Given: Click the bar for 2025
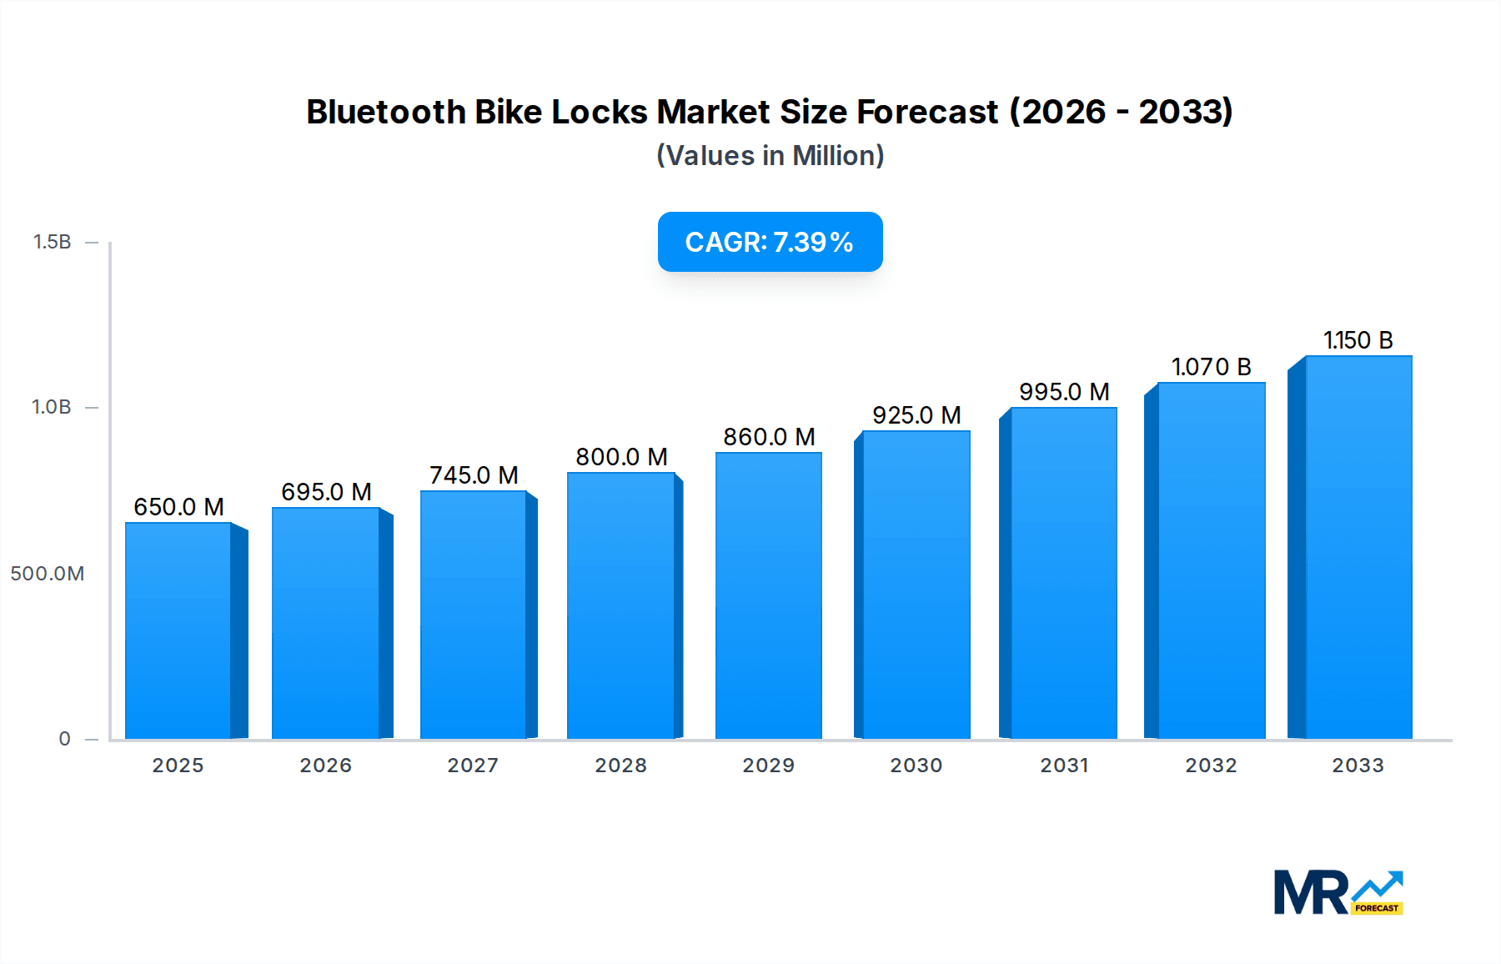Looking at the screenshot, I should (x=178, y=630).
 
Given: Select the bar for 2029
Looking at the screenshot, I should (x=768, y=595).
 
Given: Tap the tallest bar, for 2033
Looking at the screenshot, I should (x=1358, y=547).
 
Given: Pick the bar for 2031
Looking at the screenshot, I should (x=1063, y=573).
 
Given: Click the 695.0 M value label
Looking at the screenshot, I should (x=326, y=492).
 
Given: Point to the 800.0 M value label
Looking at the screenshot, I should (x=621, y=457).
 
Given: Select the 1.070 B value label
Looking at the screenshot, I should (x=1211, y=367).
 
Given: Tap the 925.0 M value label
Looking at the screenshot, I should (x=916, y=415).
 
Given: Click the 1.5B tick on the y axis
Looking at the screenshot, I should (x=52, y=242).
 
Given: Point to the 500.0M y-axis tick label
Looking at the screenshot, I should (x=48, y=574).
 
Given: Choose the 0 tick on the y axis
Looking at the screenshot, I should (x=64, y=739).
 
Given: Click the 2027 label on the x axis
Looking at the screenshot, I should (x=473, y=766).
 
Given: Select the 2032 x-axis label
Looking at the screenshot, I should (x=1211, y=766).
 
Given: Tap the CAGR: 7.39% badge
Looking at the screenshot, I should (x=770, y=242).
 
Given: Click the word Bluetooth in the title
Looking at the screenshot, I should (x=386, y=112).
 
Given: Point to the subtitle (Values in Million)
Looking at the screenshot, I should (x=770, y=156).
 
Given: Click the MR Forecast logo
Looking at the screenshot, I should (x=1338, y=892).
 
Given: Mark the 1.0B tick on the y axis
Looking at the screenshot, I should (x=52, y=407).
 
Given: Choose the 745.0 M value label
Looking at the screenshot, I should (x=474, y=475).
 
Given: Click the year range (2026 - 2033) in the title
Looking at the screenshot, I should (x=1121, y=112).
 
